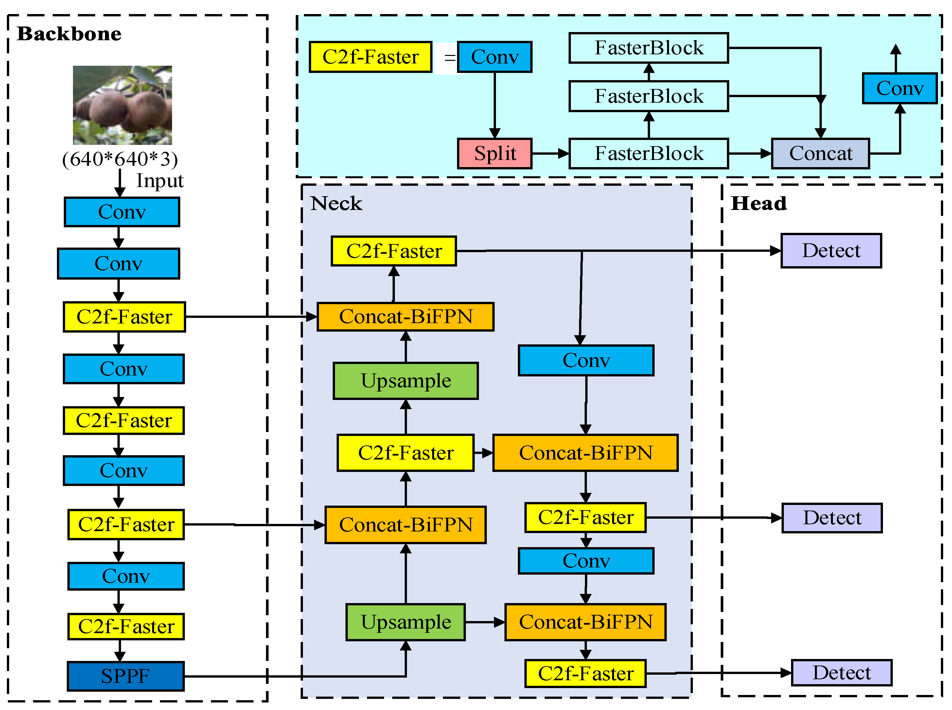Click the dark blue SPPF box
tap(126, 676)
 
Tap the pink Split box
tap(494, 153)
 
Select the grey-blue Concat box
tap(820, 153)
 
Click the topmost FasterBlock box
tap(648, 48)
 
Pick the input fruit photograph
tap(122, 105)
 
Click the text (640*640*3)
tap(120, 159)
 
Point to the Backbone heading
tap(69, 34)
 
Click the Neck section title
tap(336, 203)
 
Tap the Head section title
tap(759, 203)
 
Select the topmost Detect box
tap(831, 251)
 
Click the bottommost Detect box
tap(841, 673)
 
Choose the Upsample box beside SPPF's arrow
tap(405, 622)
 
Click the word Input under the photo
tap(159, 181)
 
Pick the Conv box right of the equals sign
tap(494, 57)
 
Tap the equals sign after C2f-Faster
tap(449, 57)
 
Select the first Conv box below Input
tap(122, 212)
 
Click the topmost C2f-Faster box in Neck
tap(393, 251)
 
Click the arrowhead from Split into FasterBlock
tap(563, 153)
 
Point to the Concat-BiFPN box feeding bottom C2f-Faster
tap(585, 622)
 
